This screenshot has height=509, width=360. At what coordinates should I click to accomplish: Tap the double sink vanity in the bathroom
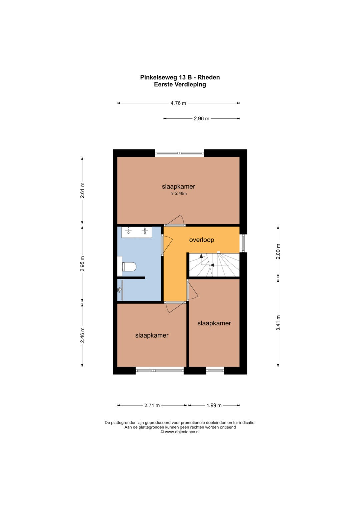pyautogui.click(x=136, y=232)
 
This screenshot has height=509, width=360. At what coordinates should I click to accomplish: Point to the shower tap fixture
pyautogui.click(x=119, y=289)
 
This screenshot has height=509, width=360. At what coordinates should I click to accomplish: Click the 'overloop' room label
pyautogui.click(x=202, y=240)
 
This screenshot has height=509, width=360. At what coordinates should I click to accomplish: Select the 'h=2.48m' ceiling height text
pyautogui.click(x=179, y=194)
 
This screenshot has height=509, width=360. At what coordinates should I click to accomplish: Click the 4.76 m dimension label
pyautogui.click(x=178, y=103)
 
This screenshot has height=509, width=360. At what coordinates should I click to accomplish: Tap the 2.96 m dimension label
pyautogui.click(x=202, y=118)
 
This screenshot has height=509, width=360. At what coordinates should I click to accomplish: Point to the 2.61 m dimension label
pyautogui.click(x=82, y=190)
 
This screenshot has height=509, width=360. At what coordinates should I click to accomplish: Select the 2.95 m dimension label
pyautogui.click(x=82, y=264)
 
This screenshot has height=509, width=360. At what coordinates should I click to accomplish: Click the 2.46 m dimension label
pyautogui.click(x=82, y=335)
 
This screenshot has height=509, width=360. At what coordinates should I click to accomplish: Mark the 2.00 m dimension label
pyautogui.click(x=278, y=252)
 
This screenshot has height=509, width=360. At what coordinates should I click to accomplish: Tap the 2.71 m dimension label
pyautogui.click(x=152, y=405)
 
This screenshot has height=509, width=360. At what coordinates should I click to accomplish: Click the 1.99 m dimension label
pyautogui.click(x=214, y=405)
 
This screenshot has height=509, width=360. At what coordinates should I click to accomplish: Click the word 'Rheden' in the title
pyautogui.click(x=208, y=77)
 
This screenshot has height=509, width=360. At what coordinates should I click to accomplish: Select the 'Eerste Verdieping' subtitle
pyautogui.click(x=180, y=85)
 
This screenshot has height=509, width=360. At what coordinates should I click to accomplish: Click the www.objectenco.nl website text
pyautogui.click(x=182, y=432)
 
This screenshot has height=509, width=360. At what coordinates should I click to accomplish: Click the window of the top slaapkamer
pyautogui.click(x=180, y=153)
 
